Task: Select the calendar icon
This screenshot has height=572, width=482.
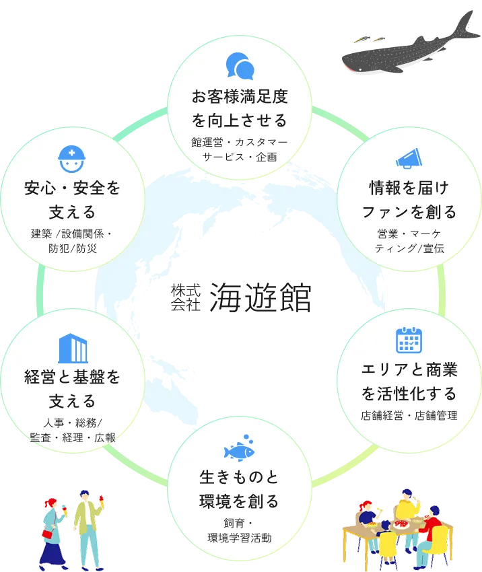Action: [x=409, y=341]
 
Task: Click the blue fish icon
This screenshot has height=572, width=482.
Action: [x=239, y=447]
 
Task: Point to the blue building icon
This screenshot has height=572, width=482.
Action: [x=73, y=348]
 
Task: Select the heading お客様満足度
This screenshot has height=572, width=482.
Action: [x=240, y=97]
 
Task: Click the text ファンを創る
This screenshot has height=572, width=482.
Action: [x=409, y=212]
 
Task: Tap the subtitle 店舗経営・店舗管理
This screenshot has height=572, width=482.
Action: [x=409, y=415]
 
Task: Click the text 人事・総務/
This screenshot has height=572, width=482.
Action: [x=73, y=423]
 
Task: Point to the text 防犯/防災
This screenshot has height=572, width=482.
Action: [x=73, y=248]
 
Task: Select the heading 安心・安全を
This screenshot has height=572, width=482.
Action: [x=73, y=188]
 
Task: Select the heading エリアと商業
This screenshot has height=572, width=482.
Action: [x=409, y=370]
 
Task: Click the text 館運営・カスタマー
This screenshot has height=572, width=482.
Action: [x=240, y=142]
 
